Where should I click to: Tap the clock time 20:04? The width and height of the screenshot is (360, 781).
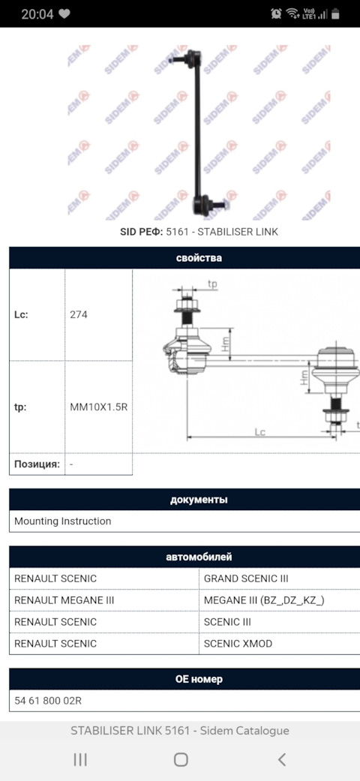(x=37, y=14)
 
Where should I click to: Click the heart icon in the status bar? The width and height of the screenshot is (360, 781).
(x=64, y=14)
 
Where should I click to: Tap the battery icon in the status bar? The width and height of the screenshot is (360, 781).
(x=334, y=14)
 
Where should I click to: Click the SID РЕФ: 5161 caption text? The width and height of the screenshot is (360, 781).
(x=199, y=232)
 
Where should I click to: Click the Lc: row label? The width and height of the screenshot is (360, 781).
(x=21, y=314)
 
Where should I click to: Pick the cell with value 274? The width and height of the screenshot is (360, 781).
(x=79, y=314)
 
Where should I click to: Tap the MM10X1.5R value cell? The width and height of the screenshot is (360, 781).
(x=98, y=407)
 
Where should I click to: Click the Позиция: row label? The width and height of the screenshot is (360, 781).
(x=37, y=464)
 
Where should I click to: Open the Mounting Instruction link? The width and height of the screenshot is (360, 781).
(x=62, y=521)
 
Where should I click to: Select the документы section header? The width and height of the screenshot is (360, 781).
(x=198, y=500)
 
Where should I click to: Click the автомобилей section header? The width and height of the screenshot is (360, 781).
(x=198, y=557)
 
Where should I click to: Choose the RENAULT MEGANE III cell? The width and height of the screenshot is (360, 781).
(x=64, y=600)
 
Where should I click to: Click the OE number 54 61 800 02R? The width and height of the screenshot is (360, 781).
(x=48, y=701)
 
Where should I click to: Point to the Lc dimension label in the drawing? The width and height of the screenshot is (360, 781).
(x=260, y=431)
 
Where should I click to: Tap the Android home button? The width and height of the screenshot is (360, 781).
(x=180, y=759)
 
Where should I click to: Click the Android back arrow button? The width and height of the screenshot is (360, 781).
(x=281, y=759)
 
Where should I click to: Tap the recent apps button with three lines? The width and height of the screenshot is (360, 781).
(x=80, y=759)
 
